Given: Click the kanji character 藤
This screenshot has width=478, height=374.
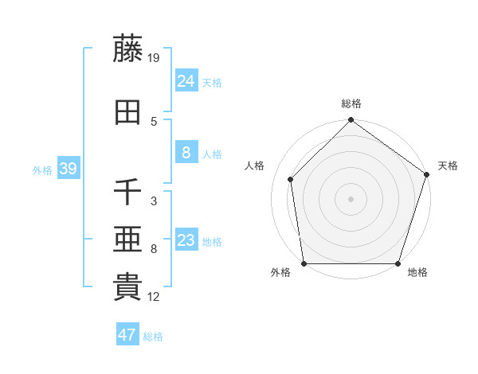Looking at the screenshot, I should point(128,49).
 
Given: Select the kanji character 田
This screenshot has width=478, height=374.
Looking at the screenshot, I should point(128,113).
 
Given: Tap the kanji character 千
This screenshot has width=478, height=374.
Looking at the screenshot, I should point(128,193).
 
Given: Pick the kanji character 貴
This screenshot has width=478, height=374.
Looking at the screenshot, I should point(128,287).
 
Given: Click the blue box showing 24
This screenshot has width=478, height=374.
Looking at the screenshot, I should point(186,80).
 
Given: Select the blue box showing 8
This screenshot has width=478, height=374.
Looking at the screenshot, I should point(186,153).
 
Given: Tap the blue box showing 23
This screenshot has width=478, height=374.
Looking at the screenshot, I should point(186,240).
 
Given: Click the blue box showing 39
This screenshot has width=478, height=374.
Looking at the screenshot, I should point(68,169).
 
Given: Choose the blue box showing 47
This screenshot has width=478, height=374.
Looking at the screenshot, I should point(127,335).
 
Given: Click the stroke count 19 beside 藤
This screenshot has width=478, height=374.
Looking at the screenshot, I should point(155,57).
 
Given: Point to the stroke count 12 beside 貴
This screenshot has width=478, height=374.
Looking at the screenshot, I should point(155,297).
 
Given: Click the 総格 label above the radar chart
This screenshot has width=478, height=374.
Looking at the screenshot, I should point(351,103).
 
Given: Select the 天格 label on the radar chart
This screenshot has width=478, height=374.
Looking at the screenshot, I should point(449,166).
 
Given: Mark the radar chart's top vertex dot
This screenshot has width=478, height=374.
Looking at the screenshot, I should point(351,121).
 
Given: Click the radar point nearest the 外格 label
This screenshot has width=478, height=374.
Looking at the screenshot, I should point(304,263).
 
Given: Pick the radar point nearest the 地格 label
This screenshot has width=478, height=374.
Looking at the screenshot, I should point(398,263).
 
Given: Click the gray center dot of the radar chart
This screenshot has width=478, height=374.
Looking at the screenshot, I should point(351,199).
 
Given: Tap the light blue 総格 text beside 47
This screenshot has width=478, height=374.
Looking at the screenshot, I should point(153,336).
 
